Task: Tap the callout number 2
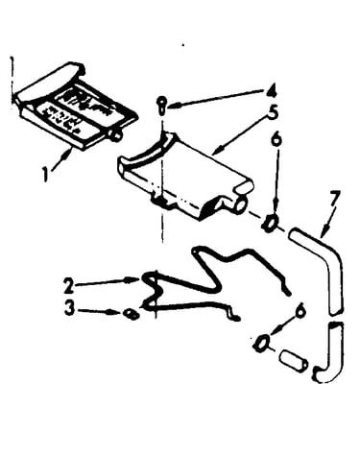pos(68,286)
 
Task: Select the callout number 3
pos(69,308)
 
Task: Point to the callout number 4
pos(272,91)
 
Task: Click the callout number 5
pos(273,113)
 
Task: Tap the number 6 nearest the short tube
pos(300,310)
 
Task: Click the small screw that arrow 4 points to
pos(162,106)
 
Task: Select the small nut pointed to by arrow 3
pos(132,314)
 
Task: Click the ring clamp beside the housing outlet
pos(270,223)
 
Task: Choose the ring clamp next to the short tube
pos(262,343)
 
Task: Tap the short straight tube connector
pos(293,361)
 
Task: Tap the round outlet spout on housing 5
pos(239,204)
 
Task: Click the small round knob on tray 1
pos(116,134)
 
